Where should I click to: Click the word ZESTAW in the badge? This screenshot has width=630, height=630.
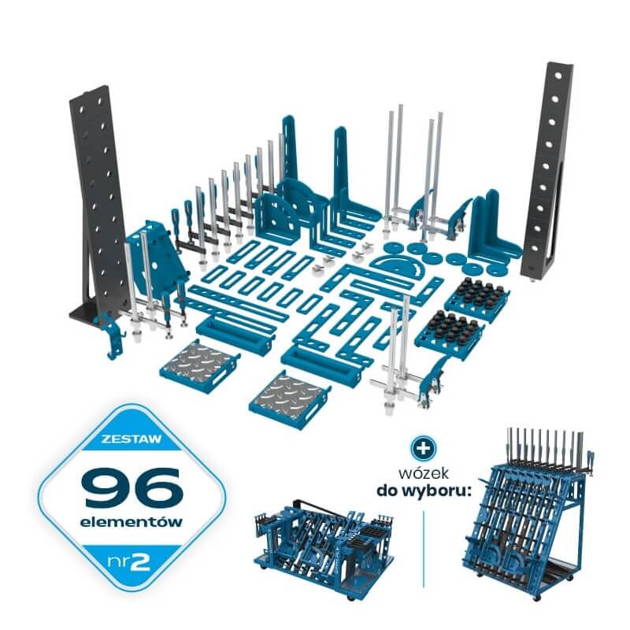(131, 438)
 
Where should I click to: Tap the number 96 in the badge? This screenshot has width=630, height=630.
(132, 487)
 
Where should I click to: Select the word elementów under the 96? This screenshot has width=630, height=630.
(131, 522)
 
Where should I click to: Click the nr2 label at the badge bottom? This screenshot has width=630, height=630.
(128, 562)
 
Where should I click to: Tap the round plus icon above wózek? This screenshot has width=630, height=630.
(423, 447)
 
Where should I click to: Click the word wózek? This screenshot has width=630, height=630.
(424, 473)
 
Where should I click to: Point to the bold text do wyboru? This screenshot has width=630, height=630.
(424, 491)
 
